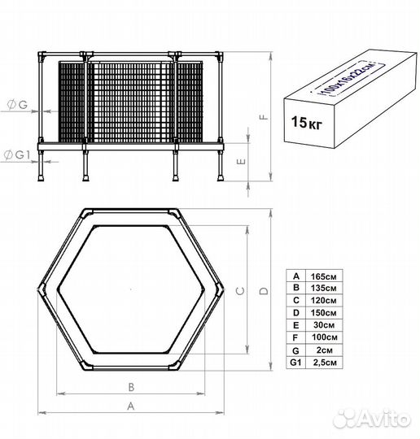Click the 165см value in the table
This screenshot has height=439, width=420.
[x=323, y=276]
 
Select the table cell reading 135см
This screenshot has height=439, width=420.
[x=323, y=288]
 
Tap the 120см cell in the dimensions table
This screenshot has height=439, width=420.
[x=323, y=301]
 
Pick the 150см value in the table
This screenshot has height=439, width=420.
[x=323, y=313]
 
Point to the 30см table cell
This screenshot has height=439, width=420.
[x=324, y=325]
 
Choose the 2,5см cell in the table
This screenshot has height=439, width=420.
[x=325, y=363]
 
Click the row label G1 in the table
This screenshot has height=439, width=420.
[x=295, y=363]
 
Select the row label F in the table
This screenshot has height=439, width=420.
[x=295, y=337]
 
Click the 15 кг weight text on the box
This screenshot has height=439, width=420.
[x=307, y=122]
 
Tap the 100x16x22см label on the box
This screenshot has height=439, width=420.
[x=349, y=79]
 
